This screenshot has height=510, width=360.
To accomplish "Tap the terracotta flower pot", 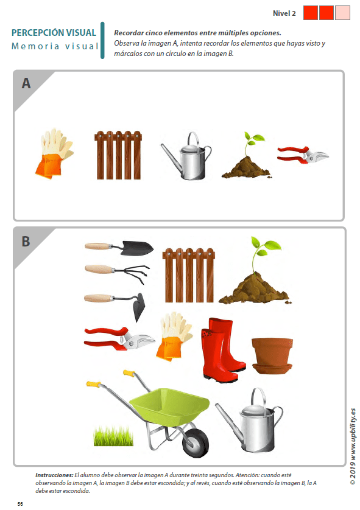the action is [x=272, y=355].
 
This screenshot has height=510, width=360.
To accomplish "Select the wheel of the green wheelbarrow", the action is [x=196, y=442].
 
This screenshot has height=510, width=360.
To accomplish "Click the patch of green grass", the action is [x=113, y=436].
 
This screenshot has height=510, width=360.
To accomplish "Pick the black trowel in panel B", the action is [x=119, y=248].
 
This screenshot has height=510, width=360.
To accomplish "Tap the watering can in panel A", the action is [x=186, y=157].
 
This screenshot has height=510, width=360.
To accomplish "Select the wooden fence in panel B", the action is [x=189, y=275].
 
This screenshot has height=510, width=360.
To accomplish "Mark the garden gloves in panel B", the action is [x=174, y=337].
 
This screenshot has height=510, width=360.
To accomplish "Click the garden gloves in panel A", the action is [x=54, y=153].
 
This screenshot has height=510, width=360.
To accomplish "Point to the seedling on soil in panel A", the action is [x=247, y=156].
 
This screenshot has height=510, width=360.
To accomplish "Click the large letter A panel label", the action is [x=26, y=83].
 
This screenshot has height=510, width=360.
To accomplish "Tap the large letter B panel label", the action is [x=26, y=242].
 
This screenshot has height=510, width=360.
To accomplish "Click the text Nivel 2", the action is [x=284, y=13].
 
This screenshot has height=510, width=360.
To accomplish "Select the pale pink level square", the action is [x=342, y=13].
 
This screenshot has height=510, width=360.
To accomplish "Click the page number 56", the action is [x=20, y=504].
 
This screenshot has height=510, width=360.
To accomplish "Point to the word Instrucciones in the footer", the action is [x=54, y=475].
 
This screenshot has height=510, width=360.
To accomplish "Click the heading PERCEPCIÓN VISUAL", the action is [x=54, y=33].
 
